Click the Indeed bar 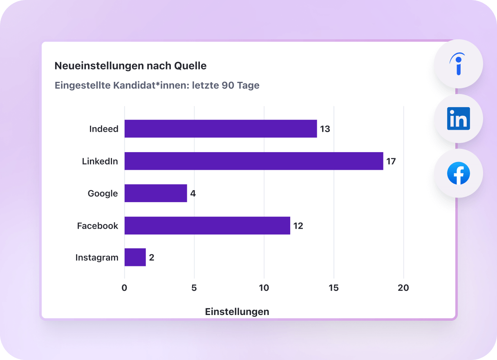click(x=221, y=129)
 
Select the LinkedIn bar click(x=254, y=161)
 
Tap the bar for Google click(x=156, y=193)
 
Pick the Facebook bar click(x=207, y=226)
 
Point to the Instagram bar click(x=135, y=258)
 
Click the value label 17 click(x=391, y=161)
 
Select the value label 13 click(x=325, y=129)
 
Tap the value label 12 click(x=298, y=226)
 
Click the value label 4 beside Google click(x=193, y=193)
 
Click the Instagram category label click(x=97, y=258)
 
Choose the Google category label click(x=103, y=193)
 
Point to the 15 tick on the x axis click(x=334, y=288)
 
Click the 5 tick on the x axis click(x=194, y=288)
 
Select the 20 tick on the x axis click(x=403, y=288)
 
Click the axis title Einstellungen click(x=237, y=312)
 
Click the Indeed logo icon click(x=458, y=64)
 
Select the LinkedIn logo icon click(x=458, y=119)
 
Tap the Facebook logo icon click(x=458, y=173)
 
